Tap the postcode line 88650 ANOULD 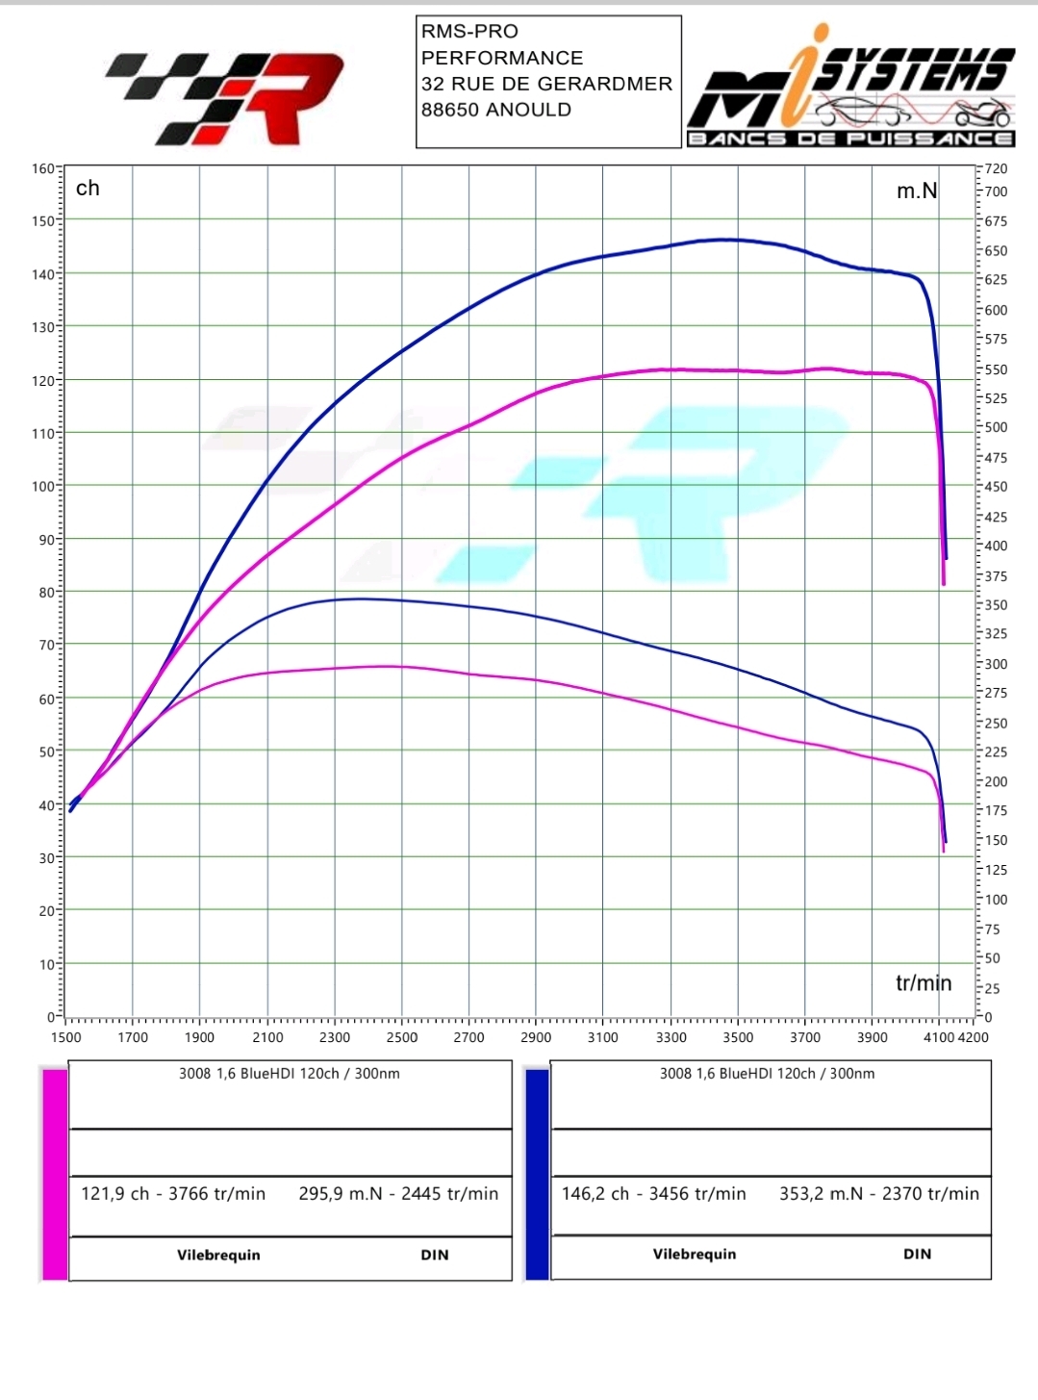tap(496, 110)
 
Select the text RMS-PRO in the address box tap(469, 31)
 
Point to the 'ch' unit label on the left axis tap(88, 189)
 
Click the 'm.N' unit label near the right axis tap(916, 191)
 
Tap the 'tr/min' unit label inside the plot tap(924, 982)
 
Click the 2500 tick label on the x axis tap(402, 1037)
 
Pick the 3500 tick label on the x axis tap(738, 1037)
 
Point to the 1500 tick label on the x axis tap(66, 1037)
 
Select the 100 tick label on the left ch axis tap(43, 486)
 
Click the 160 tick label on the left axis tap(43, 168)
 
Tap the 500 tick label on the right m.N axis tap(996, 427)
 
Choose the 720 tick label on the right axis tap(996, 169)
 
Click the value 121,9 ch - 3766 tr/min tap(173, 1194)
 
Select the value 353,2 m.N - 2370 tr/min tap(879, 1194)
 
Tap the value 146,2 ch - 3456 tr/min tap(654, 1194)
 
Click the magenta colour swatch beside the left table tap(55, 1174)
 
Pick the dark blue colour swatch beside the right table tap(537, 1174)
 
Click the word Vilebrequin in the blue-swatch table tap(695, 1254)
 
